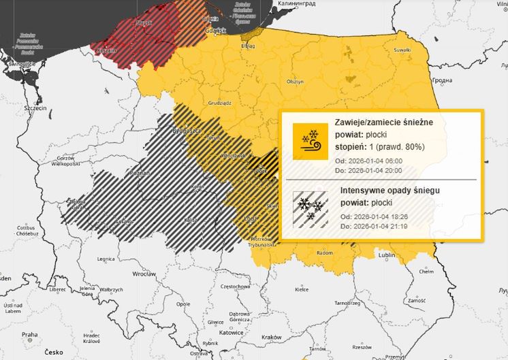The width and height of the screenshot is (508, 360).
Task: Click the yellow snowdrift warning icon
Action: pyautogui.click(x=310, y=142)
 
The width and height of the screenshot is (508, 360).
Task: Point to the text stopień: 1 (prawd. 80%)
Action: pyautogui.click(x=380, y=147)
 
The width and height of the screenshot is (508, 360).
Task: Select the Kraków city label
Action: pyautogui.click(x=272, y=338)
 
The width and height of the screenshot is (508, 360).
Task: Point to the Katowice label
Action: pyautogui.click(x=232, y=333)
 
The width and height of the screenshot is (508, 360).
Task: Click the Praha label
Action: pyautogui.click(x=29, y=335)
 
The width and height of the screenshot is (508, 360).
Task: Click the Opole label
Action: pyautogui.click(x=183, y=304)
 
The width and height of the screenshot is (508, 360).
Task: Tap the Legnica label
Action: pyautogui.click(x=106, y=259)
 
